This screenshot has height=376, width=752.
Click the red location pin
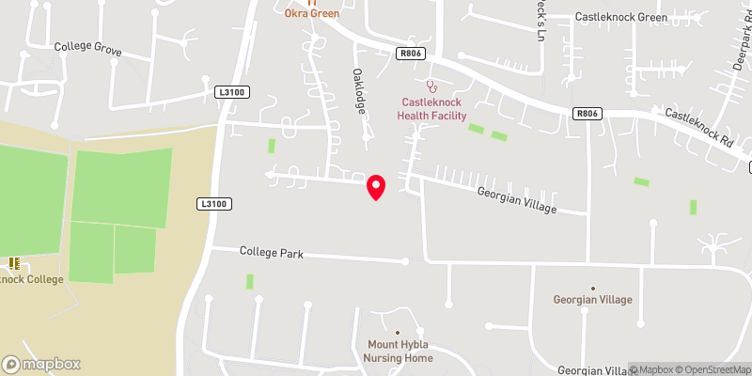pyautogui.click(x=376, y=187)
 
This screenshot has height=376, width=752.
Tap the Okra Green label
pyautogui.click(x=313, y=13)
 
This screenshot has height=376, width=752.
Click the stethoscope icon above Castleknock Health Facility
pyautogui.click(x=431, y=86)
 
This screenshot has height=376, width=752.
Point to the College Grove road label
pyautogui.click(x=88, y=46)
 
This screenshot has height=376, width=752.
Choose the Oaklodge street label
pyautogui.click(x=358, y=90)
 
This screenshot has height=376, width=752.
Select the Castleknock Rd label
pyautogui.click(x=698, y=127)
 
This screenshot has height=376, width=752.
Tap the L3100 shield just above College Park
pyautogui.click(x=213, y=203)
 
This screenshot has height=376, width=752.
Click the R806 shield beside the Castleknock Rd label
pyautogui.click(x=587, y=113)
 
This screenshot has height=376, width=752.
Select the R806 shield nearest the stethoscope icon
pyautogui.click(x=410, y=55)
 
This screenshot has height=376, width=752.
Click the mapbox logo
pyautogui.click(x=41, y=364)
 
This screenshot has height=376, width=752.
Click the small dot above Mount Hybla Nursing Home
pyautogui.click(x=398, y=332)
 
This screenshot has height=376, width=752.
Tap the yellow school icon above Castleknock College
pyautogui.click(x=13, y=263)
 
